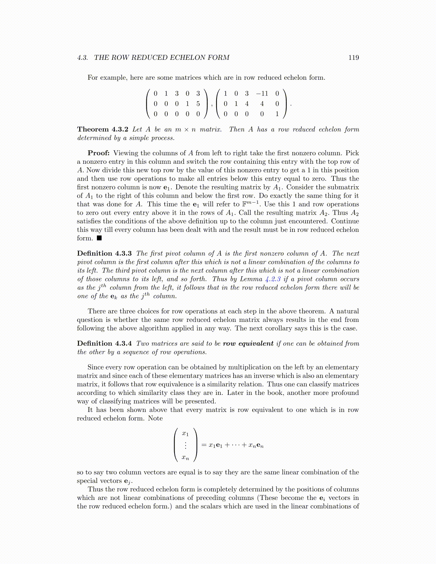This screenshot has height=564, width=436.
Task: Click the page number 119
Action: (353, 58)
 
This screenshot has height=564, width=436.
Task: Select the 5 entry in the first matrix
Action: (198, 104)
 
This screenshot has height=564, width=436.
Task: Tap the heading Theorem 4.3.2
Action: (103, 129)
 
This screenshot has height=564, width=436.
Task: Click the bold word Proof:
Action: (99, 153)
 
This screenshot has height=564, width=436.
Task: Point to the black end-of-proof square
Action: (99, 238)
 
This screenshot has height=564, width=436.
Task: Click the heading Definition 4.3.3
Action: (104, 254)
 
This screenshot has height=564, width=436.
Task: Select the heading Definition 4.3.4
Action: (104, 344)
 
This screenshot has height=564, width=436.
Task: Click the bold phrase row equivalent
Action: (248, 344)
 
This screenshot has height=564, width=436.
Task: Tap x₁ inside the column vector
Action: (185, 433)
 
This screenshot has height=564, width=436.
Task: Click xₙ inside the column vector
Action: (185, 458)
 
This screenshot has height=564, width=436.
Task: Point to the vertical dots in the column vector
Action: (185, 445)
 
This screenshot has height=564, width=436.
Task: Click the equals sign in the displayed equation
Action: (204, 445)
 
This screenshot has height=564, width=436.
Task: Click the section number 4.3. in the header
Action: (83, 58)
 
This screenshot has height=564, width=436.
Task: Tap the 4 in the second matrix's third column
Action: (246, 104)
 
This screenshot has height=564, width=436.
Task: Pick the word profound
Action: (345, 393)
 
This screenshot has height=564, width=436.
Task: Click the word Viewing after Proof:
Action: (126, 153)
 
